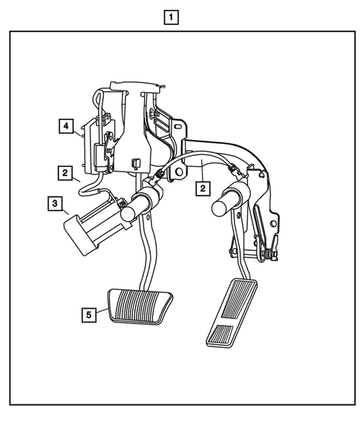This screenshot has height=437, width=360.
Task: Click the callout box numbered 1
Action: [x=172, y=16]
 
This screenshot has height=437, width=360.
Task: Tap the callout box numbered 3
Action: [x=56, y=202]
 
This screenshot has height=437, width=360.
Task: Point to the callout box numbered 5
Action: [x=89, y=314]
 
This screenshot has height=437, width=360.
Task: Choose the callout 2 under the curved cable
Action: [x=201, y=188]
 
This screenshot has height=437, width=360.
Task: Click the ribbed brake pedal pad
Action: [x=140, y=304]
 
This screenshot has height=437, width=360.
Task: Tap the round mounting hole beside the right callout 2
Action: [x=179, y=171]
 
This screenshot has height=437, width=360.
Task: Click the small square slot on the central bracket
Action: [x=136, y=161]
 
